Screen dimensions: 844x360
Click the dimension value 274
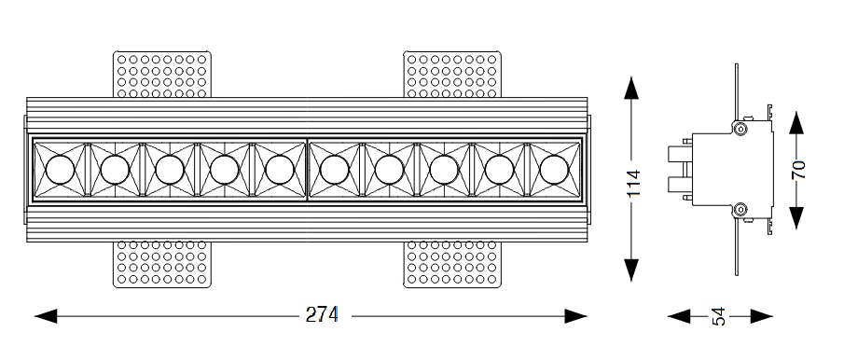point(322,314)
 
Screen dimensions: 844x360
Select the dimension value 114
point(633,183)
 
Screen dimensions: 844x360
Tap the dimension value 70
point(798,170)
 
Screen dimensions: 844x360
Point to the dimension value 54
point(719,316)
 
